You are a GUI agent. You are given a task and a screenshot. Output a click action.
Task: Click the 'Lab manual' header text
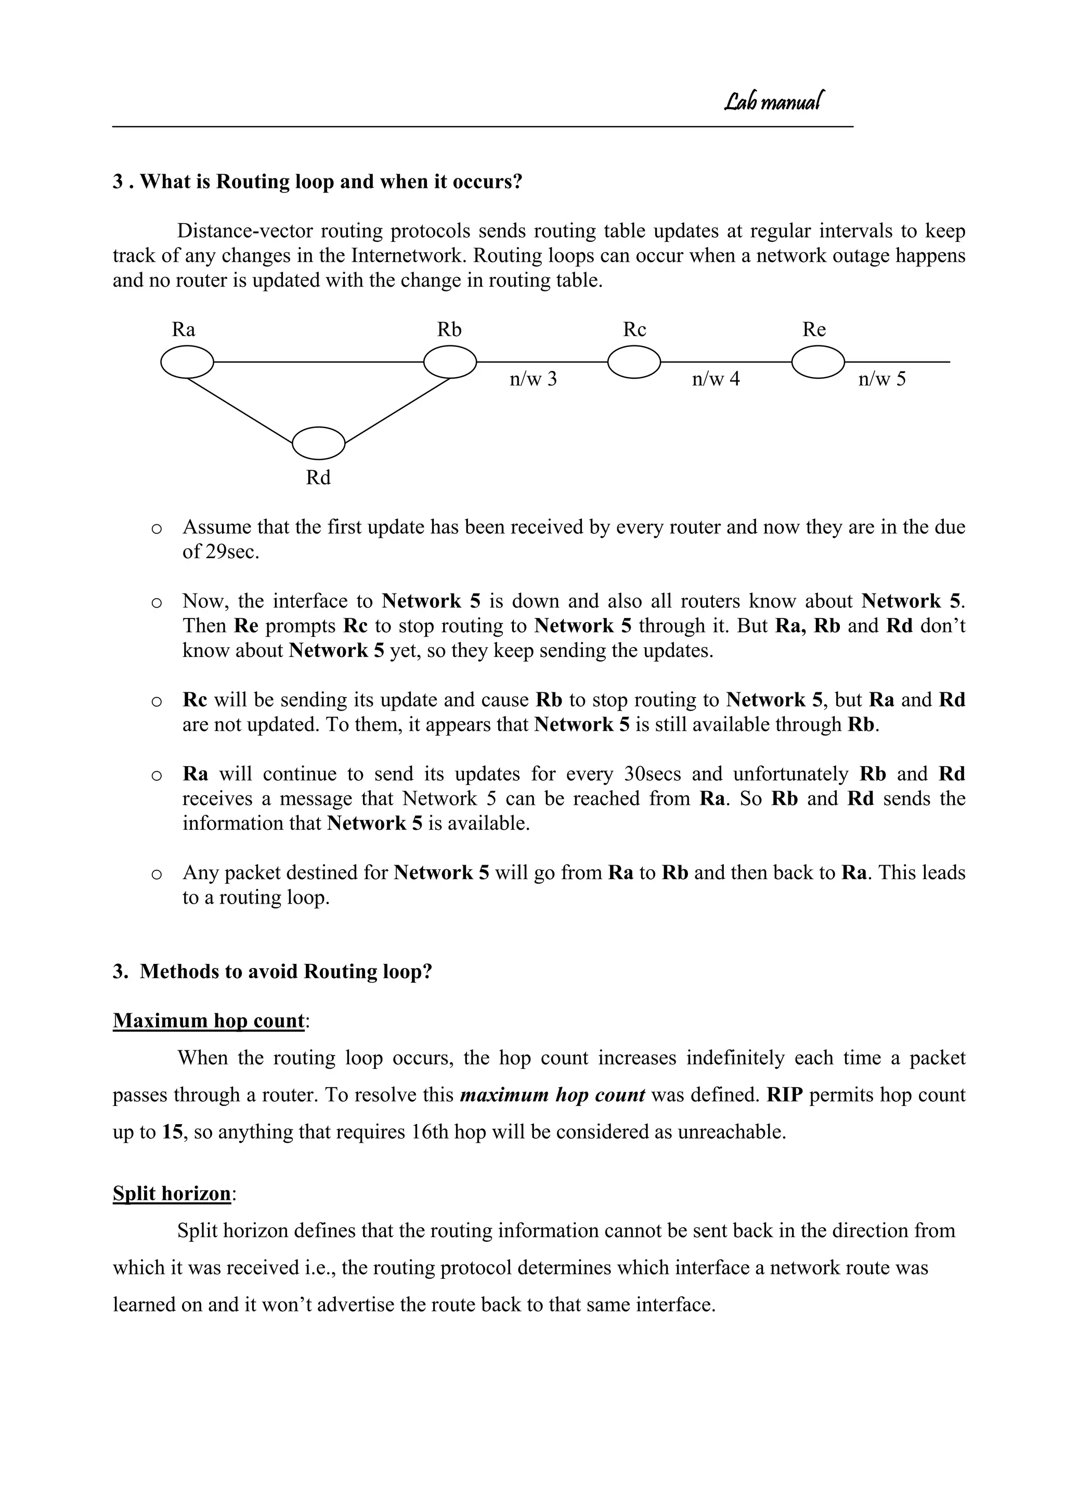click(773, 101)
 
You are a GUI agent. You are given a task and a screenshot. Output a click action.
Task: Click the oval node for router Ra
click(187, 362)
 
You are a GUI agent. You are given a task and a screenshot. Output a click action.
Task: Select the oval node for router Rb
click(450, 362)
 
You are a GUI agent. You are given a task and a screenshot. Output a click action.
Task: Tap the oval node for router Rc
click(634, 362)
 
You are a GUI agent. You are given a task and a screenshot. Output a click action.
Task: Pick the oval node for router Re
click(818, 362)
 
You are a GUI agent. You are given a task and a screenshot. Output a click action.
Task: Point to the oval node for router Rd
click(318, 443)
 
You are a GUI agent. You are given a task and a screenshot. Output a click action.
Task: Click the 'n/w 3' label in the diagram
click(533, 379)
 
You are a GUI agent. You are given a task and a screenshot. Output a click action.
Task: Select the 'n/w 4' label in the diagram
click(716, 379)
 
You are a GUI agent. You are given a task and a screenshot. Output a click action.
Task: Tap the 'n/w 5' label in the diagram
click(882, 379)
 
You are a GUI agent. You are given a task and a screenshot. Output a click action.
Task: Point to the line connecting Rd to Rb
click(397, 410)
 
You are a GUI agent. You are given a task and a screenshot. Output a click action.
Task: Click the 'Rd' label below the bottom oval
click(318, 478)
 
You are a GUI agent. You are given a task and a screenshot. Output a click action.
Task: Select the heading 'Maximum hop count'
click(209, 1021)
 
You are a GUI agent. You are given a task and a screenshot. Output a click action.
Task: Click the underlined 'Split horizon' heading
click(172, 1193)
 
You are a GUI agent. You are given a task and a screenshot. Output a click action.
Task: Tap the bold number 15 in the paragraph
click(172, 1132)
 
